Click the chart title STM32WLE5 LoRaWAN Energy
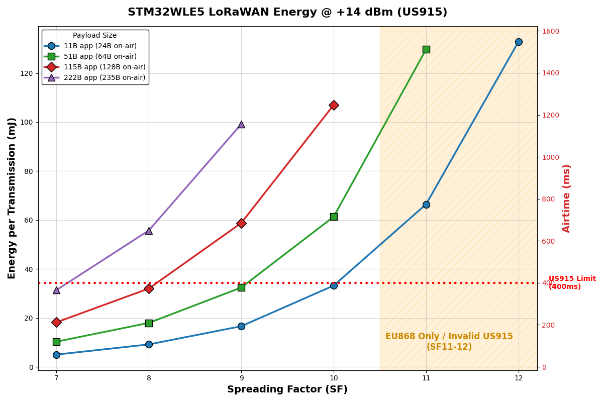287,13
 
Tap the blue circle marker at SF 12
519,42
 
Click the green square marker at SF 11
426,49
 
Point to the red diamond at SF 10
334,105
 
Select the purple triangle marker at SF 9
241,124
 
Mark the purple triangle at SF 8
149,231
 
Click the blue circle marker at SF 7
56,355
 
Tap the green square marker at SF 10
334,217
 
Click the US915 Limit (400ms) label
572,283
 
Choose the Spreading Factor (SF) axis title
287,390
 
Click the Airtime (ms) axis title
567,198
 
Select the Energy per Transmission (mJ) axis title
12,198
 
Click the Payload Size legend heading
94,36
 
